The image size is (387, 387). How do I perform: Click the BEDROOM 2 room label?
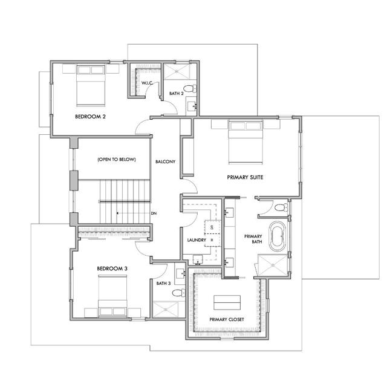91,117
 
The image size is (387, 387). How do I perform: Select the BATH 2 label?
175,94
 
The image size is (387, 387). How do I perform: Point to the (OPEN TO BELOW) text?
116,160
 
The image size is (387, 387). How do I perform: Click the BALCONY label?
165,161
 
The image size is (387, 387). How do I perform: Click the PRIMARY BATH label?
253,239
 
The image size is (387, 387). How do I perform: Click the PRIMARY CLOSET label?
226,319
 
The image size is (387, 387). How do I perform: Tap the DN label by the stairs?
154,213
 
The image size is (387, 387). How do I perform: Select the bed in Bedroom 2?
90,85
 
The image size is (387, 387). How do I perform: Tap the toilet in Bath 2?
190,89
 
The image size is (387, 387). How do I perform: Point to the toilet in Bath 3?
177,292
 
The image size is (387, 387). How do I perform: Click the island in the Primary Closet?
226,302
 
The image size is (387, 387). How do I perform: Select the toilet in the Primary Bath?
279,207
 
